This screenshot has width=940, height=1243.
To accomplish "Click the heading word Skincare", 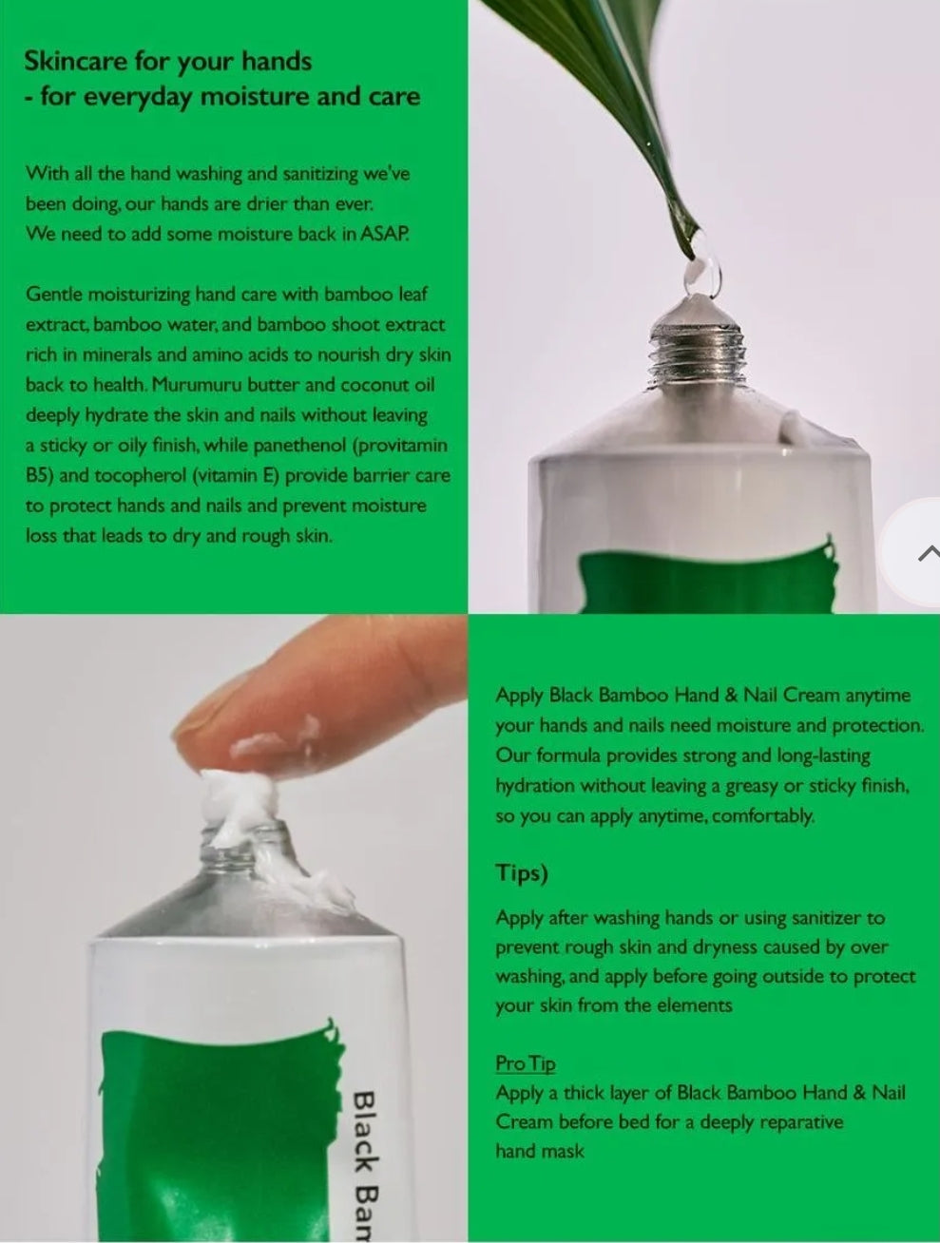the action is (x=76, y=61).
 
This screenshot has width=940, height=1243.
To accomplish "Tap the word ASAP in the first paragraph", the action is (x=384, y=234).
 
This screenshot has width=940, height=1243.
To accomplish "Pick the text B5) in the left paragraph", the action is (x=40, y=476).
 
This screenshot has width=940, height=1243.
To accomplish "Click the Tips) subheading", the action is (x=522, y=873).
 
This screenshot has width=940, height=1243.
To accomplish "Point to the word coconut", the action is (x=375, y=385).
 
